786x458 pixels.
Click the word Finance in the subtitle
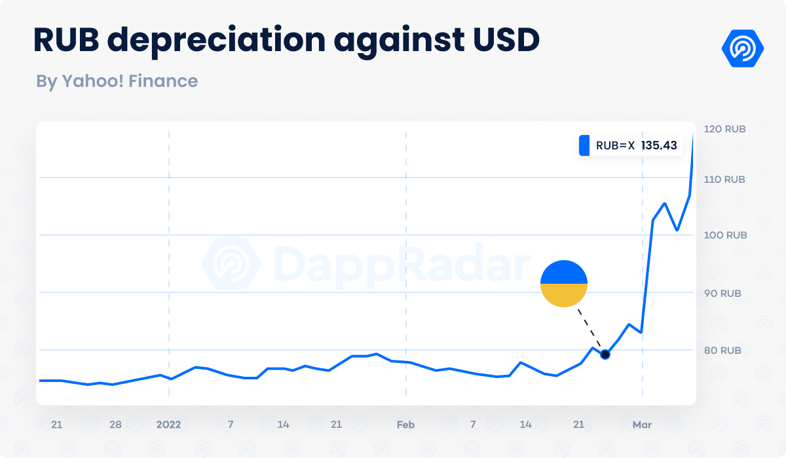[x=163, y=81]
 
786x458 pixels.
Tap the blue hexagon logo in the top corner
[x=743, y=48]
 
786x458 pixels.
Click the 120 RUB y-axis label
[x=724, y=129]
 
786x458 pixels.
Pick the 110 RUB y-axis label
[x=724, y=180]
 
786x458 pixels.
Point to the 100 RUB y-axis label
[x=724, y=235]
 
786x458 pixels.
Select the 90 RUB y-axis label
[x=722, y=294]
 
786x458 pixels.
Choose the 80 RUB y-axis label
[x=722, y=351]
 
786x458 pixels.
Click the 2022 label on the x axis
[x=168, y=425]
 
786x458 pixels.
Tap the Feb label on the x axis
[x=405, y=425]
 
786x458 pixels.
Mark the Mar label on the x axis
[x=642, y=425]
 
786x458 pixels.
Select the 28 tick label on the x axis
[x=115, y=425]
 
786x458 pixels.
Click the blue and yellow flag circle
[x=564, y=284]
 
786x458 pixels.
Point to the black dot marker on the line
[x=605, y=354]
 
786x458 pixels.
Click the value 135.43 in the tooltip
[x=659, y=145]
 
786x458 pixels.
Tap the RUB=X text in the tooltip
[x=615, y=145]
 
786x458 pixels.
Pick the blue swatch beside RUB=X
[x=584, y=145]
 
